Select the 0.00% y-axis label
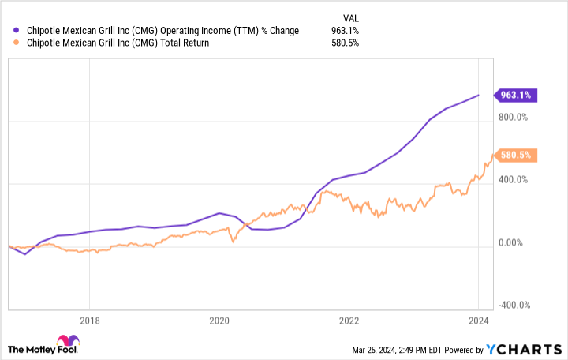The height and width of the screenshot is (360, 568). tap(517, 242)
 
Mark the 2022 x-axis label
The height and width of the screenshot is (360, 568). tap(349, 321)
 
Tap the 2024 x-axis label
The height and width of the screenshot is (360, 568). tap(478, 321)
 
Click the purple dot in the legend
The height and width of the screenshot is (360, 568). tap(17, 31)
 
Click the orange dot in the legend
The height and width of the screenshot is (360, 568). tap(17, 43)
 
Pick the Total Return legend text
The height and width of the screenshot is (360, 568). tap(117, 43)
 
